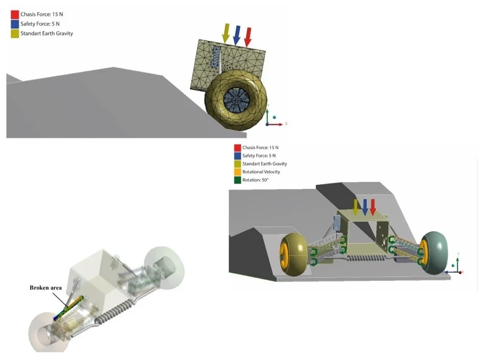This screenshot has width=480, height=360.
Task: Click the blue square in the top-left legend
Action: (x=14, y=24)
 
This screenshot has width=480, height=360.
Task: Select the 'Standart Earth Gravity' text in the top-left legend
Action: (x=47, y=34)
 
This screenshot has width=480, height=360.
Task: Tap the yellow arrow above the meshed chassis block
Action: (x=225, y=32)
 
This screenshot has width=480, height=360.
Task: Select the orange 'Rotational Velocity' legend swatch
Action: (x=237, y=172)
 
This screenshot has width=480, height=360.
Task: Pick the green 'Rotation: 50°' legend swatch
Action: (x=237, y=180)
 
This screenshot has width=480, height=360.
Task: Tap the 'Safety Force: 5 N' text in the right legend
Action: (x=259, y=156)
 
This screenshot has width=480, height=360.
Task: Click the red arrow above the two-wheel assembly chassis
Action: (x=373, y=207)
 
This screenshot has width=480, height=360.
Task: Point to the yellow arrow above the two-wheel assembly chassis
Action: (x=356, y=207)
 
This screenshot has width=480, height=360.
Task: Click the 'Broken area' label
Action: (x=46, y=288)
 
